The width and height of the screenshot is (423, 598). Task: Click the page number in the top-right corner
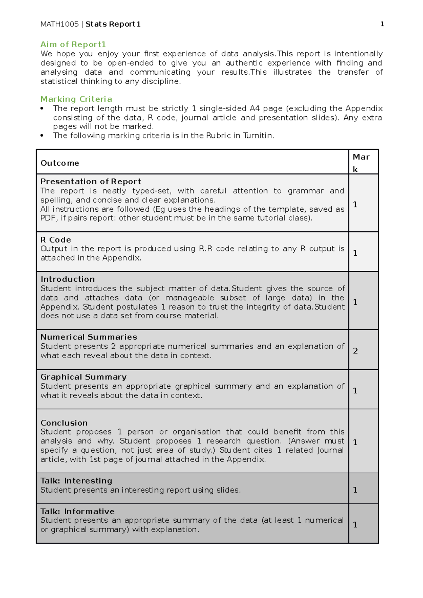[382, 24]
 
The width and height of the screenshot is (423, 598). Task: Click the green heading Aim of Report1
[73, 44]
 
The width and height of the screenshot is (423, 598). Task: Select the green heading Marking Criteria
[76, 99]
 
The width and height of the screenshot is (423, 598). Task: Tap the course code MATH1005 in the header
[59, 24]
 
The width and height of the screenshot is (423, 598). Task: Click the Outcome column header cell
[60, 163]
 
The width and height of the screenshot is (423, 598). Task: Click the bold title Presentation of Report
[91, 181]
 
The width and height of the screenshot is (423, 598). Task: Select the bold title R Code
[56, 239]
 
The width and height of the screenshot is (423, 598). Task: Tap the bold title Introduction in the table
[68, 279]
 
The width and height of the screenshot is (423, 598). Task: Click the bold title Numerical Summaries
[89, 337]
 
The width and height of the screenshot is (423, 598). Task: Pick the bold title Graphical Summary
[84, 377]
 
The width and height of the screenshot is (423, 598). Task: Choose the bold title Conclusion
[64, 423]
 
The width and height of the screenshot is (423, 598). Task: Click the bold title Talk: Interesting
[76, 481]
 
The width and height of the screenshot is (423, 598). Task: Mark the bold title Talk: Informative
[78, 511]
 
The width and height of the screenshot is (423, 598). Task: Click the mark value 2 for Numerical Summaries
[355, 351]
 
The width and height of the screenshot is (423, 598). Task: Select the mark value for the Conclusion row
[355, 442]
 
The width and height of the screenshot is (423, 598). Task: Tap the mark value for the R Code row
[355, 253]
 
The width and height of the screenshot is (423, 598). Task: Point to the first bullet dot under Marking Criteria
[42, 108]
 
